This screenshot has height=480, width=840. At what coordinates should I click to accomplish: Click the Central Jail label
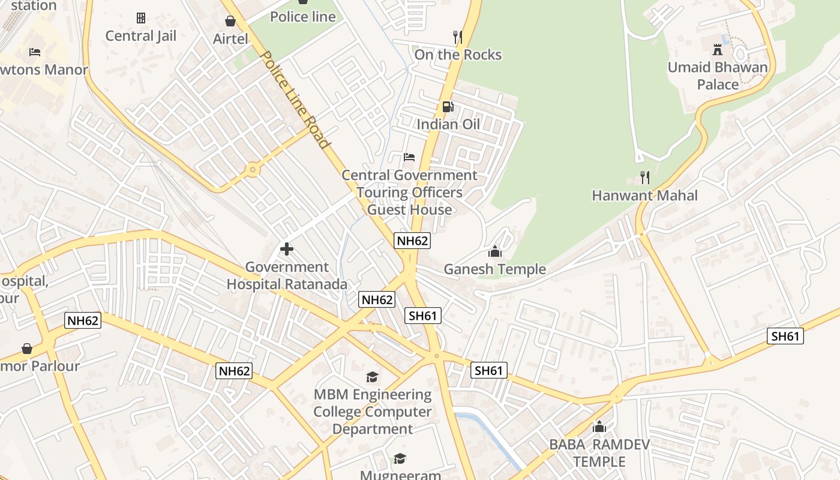click(141, 36)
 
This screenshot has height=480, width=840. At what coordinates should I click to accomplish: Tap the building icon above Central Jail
click(141, 18)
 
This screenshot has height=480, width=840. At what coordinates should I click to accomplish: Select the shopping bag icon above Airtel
click(230, 22)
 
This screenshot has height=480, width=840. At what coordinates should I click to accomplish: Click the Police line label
click(303, 17)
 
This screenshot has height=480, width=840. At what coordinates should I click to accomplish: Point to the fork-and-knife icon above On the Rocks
click(458, 37)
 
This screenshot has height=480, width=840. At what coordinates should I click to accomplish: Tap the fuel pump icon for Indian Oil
click(448, 107)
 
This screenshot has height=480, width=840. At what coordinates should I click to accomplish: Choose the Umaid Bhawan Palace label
click(718, 76)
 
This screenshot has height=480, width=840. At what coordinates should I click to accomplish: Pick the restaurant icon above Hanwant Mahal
click(645, 177)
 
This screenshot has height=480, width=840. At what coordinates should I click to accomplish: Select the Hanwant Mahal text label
click(645, 196)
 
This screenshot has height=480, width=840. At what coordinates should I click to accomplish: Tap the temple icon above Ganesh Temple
click(495, 251)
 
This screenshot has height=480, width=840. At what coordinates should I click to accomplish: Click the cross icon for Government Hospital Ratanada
click(287, 248)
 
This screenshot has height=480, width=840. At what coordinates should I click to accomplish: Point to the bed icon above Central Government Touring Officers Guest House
click(409, 157)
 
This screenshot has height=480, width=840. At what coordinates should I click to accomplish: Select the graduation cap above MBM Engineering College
click(373, 377)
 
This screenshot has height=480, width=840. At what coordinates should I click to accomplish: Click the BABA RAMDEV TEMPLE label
click(599, 453)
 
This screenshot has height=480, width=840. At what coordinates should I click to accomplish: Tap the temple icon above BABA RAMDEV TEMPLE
click(599, 427)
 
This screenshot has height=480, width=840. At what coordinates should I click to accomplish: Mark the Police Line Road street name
click(295, 100)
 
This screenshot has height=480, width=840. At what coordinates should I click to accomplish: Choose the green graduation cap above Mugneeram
click(400, 459)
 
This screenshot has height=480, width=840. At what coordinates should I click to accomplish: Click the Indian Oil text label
click(448, 125)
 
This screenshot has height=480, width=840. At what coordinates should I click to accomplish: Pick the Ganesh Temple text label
click(495, 269)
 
